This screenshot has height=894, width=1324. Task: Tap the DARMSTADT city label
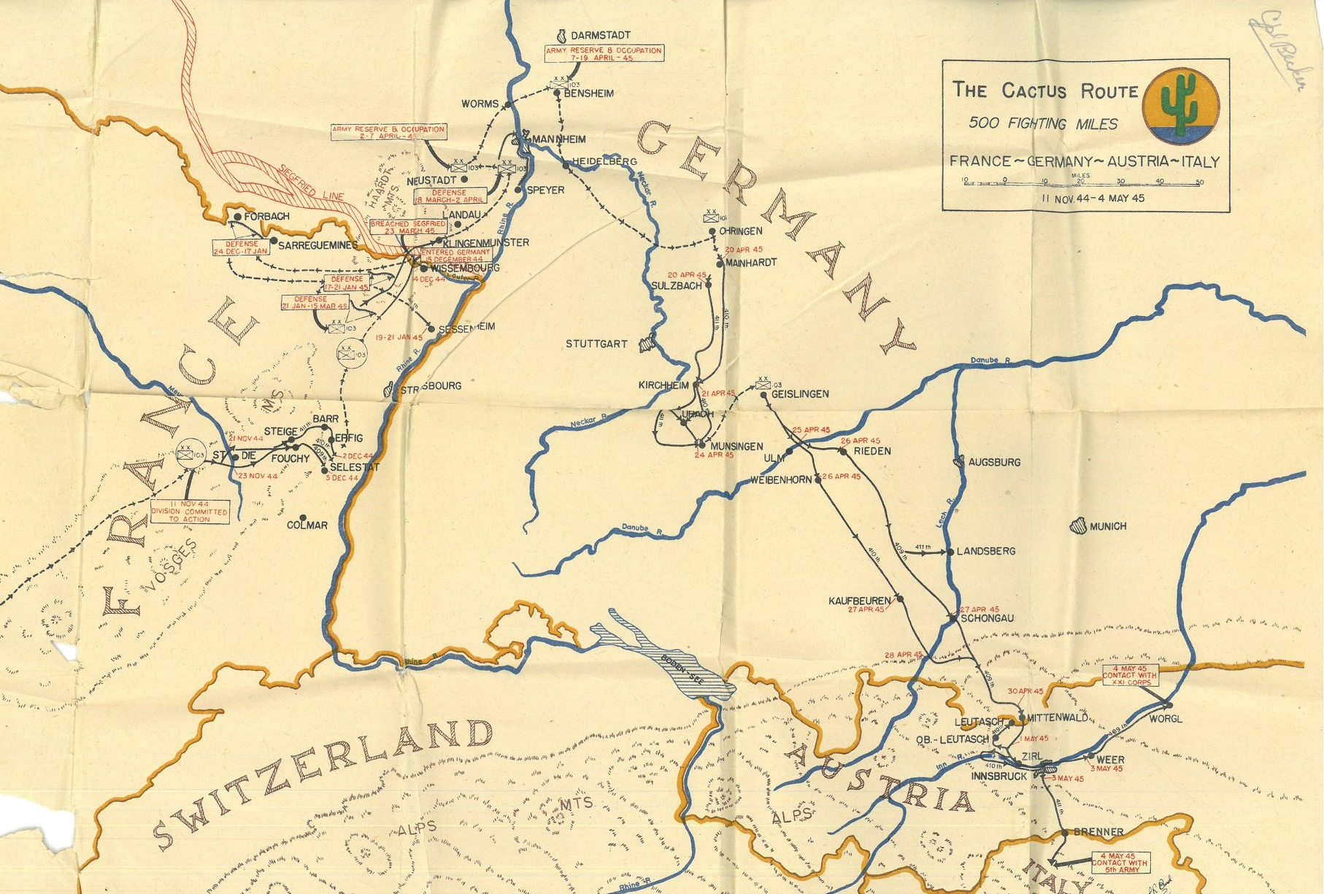click(600, 35)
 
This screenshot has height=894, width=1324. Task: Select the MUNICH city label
click(1107, 526)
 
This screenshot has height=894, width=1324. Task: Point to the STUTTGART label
click(596, 344)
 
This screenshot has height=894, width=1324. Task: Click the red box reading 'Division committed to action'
click(190, 512)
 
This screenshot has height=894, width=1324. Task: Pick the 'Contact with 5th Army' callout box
click(1120, 863)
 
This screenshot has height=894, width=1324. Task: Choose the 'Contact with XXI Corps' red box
click(1130, 675)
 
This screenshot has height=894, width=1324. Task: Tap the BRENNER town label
click(1098, 832)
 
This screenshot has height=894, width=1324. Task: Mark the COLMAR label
click(307, 525)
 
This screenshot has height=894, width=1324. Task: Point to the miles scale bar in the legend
click(1082, 183)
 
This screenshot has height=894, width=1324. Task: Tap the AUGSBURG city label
click(994, 462)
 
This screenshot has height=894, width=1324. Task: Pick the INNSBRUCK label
click(998, 777)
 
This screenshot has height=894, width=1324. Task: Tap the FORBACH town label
click(266, 217)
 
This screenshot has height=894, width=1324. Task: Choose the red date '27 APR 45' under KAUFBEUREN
click(866, 609)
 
